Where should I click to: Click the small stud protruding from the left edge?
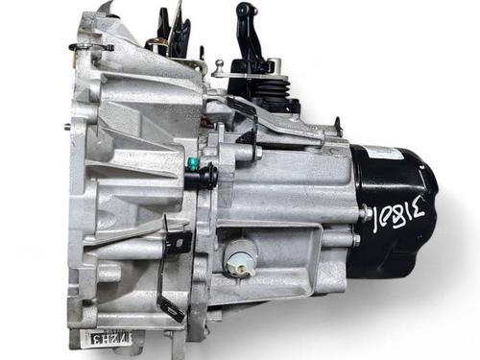click(66, 126)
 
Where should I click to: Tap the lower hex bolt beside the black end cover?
click(356, 240)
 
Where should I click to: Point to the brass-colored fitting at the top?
click(154, 43)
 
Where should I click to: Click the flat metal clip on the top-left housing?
click(91, 46)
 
